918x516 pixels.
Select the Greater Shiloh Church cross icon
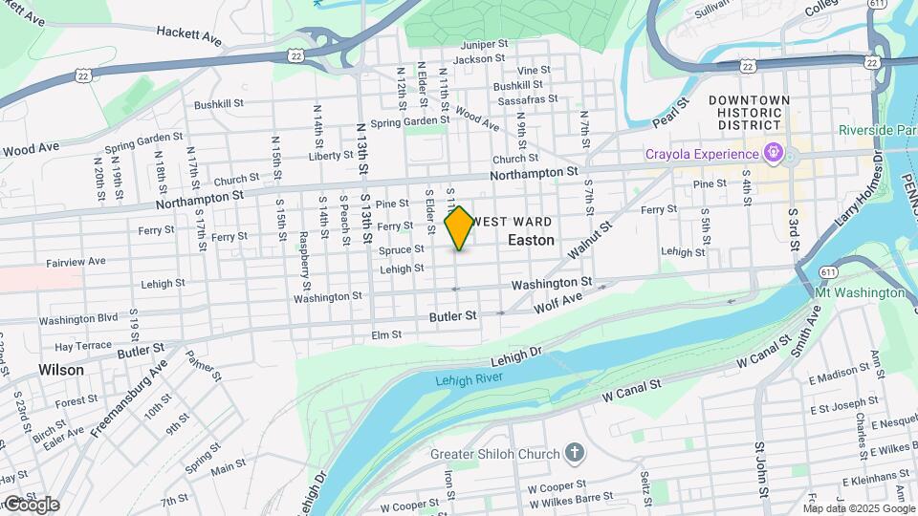coord(574,453)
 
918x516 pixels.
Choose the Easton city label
coord(531,240)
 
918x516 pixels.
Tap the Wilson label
coord(61,369)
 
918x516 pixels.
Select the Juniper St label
coord(483,44)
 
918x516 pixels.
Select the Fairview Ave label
coord(76,261)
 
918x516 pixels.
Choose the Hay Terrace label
coord(84,346)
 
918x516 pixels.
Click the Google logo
coord(31,504)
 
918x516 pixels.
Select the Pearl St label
coord(670,113)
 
